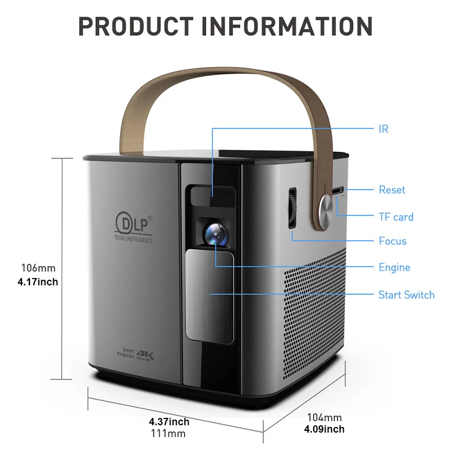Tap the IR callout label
point(383,129)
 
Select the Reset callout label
point(392,190)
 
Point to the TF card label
point(396,217)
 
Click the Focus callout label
point(392,241)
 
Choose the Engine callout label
point(394,267)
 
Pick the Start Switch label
point(406,295)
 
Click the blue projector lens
point(216,233)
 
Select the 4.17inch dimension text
point(39,281)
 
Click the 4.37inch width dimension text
point(169,422)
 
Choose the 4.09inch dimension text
point(324,429)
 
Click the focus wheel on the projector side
point(292,208)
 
